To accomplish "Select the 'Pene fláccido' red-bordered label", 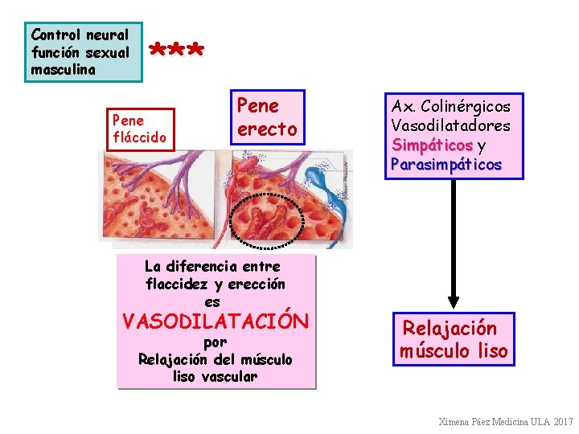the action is [142, 129].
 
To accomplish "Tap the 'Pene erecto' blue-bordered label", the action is [266, 117].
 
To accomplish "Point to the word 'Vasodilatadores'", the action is [450, 126].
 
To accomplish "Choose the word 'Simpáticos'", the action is [432, 145].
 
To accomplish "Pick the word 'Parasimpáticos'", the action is [446, 165].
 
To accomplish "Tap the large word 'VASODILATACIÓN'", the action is [215, 322].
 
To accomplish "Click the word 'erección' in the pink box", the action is [257, 284].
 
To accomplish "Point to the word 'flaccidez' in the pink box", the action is [179, 284].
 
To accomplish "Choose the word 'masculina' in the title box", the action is [63, 70].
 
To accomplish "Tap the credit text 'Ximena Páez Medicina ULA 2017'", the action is [505, 422].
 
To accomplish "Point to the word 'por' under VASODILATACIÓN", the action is [216, 342].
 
